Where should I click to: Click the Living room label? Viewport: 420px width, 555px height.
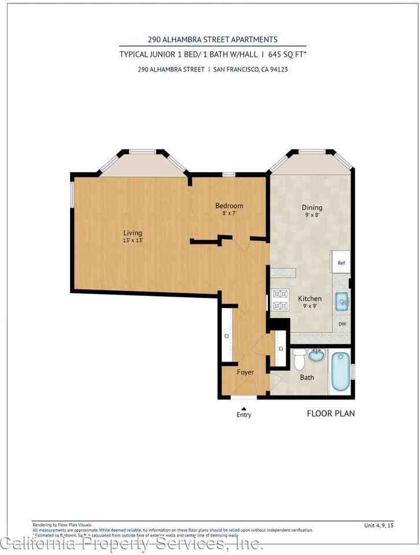pyautogui.click(x=132, y=232)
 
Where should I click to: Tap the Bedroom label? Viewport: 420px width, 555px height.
pyautogui.click(x=229, y=206)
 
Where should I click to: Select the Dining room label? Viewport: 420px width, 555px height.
pyautogui.click(x=312, y=208)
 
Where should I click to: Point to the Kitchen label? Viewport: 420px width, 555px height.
pyautogui.click(x=310, y=298)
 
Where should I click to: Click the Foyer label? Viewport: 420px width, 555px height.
pyautogui.click(x=245, y=372)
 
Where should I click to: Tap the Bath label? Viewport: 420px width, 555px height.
pyautogui.click(x=307, y=378)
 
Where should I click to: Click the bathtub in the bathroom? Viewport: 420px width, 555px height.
pyautogui.click(x=340, y=371)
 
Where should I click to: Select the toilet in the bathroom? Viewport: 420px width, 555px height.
pyautogui.click(x=299, y=360)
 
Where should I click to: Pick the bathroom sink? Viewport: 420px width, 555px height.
pyautogui.click(x=316, y=354)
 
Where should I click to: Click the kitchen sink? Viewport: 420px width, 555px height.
pyautogui.click(x=342, y=301)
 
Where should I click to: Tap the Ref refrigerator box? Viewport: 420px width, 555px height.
pyautogui.click(x=341, y=262)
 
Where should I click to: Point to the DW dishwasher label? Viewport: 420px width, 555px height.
pyautogui.click(x=342, y=324)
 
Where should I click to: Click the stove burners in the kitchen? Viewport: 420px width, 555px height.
pyautogui.click(x=280, y=299)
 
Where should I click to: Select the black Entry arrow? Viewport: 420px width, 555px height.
pyautogui.click(x=244, y=408)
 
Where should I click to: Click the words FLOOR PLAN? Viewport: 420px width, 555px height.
pyautogui.click(x=330, y=413)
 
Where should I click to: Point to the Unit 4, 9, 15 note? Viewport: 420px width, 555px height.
pyautogui.click(x=379, y=525)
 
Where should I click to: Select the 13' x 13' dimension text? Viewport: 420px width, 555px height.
pyautogui.click(x=132, y=240)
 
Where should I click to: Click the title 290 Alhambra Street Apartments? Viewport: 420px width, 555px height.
pyautogui.click(x=212, y=39)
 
